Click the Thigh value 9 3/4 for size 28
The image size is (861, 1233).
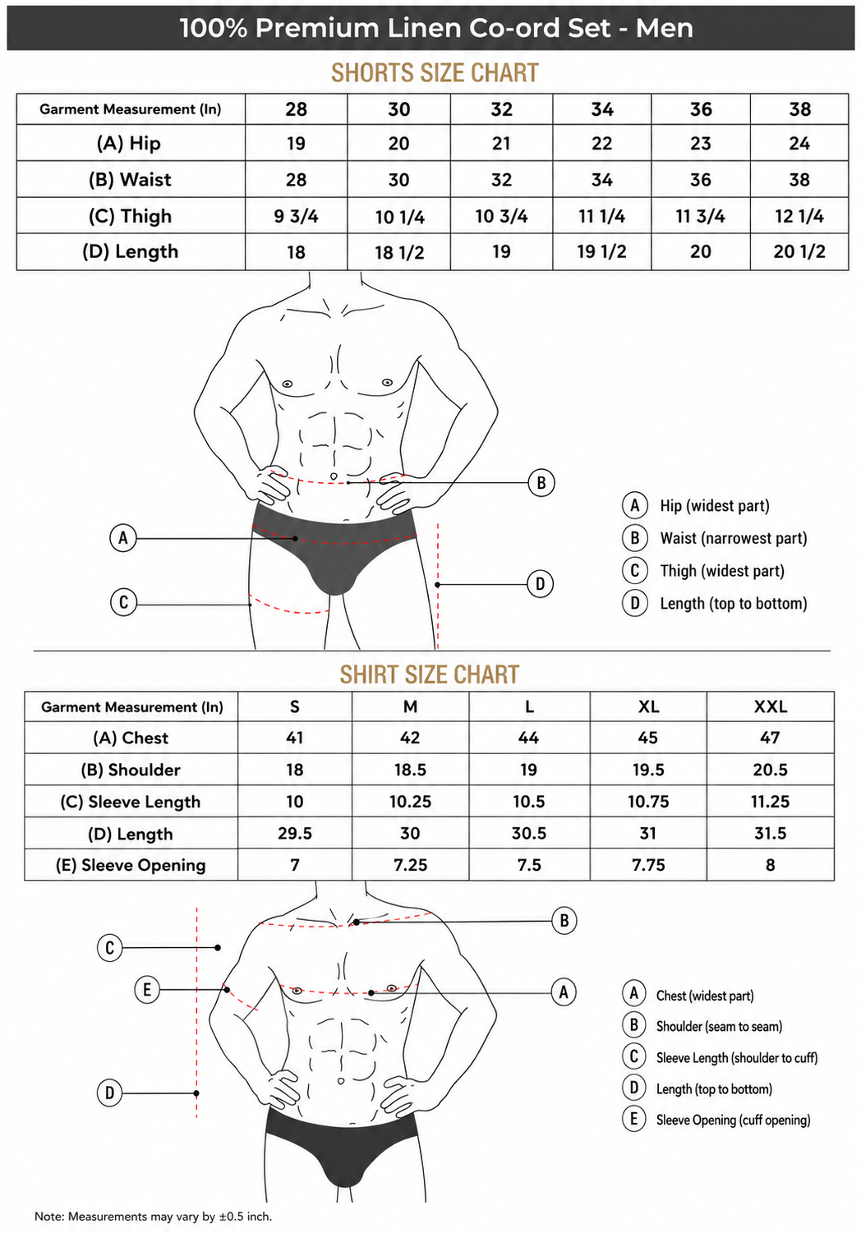click(x=296, y=216)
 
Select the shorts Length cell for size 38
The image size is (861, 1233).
click(x=799, y=251)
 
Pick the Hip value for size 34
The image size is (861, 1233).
click(x=601, y=144)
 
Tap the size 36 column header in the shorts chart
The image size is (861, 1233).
click(x=700, y=109)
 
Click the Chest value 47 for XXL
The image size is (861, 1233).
click(x=770, y=738)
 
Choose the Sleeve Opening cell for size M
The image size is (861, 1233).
click(x=410, y=865)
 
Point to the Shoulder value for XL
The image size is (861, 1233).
click(x=648, y=770)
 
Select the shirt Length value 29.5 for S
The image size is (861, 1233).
click(x=294, y=834)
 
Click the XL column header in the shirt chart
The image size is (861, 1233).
click(x=648, y=706)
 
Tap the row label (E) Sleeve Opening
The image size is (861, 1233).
click(x=131, y=865)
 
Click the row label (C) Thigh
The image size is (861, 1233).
click(x=130, y=216)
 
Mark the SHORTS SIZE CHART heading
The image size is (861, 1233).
click(x=435, y=72)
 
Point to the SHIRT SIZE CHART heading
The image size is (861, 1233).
click(x=430, y=674)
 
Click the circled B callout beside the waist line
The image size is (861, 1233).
click(x=541, y=483)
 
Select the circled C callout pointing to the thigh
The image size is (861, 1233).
click(x=123, y=602)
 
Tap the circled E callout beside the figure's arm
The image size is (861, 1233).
click(x=147, y=990)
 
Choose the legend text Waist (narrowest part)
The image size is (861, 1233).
click(x=734, y=538)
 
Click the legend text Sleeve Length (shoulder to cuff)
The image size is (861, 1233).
click(x=737, y=1057)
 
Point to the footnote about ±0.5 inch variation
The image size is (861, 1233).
click(x=153, y=1216)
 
